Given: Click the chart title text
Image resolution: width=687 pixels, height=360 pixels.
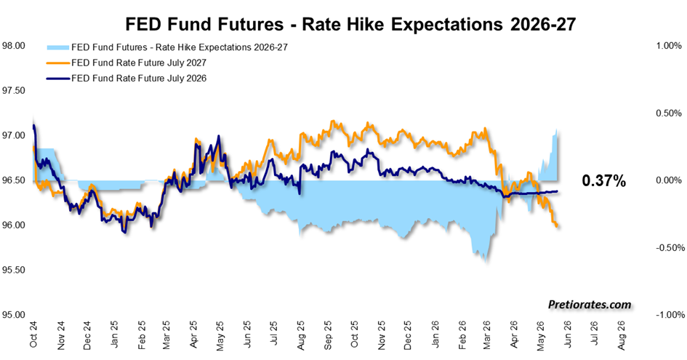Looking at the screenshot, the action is pos(350,24).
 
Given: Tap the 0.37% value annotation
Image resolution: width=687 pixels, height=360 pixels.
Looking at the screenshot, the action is pos(603,180).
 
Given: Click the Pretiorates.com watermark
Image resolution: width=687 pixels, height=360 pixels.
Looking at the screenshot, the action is pos(590,304).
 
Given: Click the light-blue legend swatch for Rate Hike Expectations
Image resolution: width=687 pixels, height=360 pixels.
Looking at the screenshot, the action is pos(57,47).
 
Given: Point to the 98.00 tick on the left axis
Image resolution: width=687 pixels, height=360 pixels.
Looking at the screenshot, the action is pos(14,46).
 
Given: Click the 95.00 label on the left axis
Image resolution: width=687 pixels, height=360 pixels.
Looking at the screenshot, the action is pos(14,315).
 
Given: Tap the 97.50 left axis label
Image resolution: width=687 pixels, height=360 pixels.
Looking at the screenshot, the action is pos(14,91).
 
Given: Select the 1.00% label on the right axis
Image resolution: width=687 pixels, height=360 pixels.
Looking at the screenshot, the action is pos(669,46).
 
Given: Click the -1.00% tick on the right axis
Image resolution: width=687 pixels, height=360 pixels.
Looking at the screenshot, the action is pos(670,315).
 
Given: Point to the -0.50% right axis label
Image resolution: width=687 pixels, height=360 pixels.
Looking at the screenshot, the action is pos(670,248).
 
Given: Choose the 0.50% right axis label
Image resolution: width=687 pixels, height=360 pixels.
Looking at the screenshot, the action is pos(669,113).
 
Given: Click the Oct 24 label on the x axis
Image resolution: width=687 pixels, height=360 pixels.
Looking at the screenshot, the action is pos(33,335).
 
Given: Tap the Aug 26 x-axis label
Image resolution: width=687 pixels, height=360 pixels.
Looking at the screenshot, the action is pos(622,335).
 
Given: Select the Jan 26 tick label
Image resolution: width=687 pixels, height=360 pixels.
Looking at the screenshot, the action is pos(435,335).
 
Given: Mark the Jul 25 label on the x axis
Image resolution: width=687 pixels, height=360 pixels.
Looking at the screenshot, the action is pos(274,335).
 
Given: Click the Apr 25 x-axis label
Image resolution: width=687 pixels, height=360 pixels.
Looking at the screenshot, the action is pos(194,335).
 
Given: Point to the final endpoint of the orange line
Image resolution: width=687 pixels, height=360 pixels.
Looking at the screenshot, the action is pos(557,226).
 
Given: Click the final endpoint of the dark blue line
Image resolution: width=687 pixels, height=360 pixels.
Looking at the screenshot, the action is pos(557,191).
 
